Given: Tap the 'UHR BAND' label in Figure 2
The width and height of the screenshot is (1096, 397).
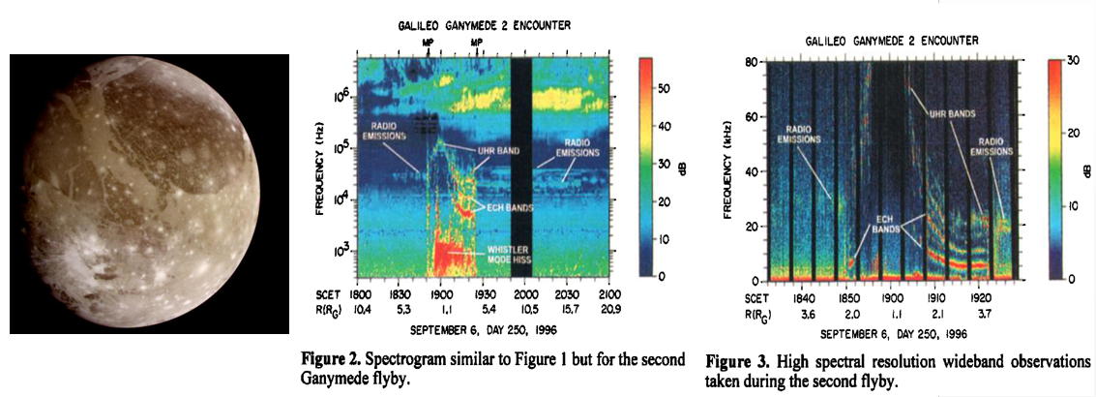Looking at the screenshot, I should (x=498, y=151).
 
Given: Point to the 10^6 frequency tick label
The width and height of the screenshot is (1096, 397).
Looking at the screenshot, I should (x=341, y=97).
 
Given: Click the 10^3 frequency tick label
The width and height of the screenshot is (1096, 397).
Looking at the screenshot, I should (x=341, y=250).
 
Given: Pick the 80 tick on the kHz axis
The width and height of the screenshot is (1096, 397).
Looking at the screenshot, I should (x=749, y=63).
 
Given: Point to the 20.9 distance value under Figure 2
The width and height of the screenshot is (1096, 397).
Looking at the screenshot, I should (x=608, y=307).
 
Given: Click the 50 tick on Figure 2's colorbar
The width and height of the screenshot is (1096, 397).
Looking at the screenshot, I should (x=666, y=87).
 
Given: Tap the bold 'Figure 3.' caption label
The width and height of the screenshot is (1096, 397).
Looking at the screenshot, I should (x=734, y=363).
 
